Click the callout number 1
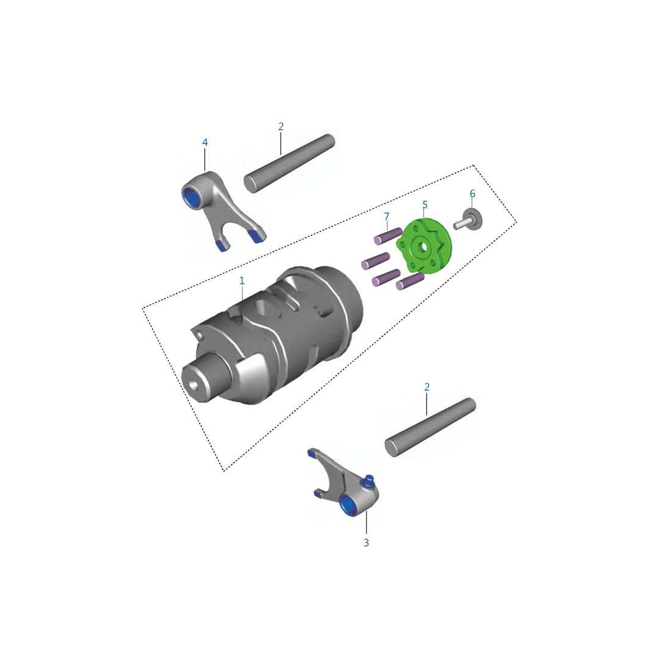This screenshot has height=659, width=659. [242, 281]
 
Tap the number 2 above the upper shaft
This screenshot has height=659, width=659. [281, 127]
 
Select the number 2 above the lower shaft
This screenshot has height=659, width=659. [427, 387]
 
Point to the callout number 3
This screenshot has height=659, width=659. [366, 542]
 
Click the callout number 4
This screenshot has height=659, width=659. [205, 143]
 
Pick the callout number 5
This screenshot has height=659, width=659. [425, 205]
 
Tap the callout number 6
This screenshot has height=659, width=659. [472, 194]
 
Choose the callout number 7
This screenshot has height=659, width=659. [386, 217]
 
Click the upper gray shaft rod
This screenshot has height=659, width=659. [290, 163]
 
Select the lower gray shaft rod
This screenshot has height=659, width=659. [430, 427]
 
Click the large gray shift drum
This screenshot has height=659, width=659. [287, 329]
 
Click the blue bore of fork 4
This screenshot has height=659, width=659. [192, 196]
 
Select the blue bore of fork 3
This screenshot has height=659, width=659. [348, 506]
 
